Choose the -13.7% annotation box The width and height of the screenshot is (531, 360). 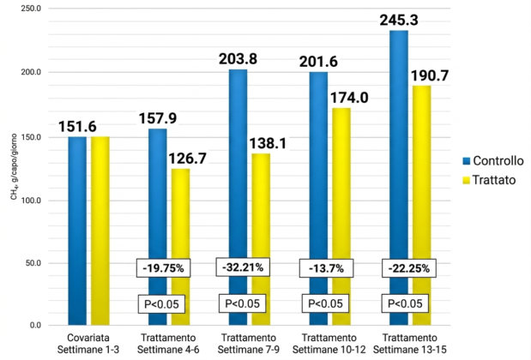pyautogui.click(x=322, y=267)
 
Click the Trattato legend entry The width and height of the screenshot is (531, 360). pyautogui.click(x=488, y=181)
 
